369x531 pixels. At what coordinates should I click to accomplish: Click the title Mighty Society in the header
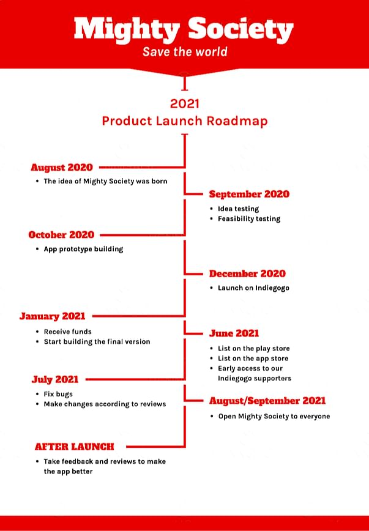coord(184,30)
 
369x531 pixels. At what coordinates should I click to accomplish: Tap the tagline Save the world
coord(185,52)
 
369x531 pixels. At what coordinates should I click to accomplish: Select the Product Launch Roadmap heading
coord(185,121)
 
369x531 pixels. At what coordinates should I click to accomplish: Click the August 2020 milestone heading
coord(62,167)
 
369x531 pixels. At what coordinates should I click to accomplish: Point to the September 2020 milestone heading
coord(249,194)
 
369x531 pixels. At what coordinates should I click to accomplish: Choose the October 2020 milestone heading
coord(61,235)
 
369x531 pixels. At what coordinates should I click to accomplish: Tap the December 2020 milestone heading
coord(247,273)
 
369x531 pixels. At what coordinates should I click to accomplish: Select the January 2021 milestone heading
coord(52,316)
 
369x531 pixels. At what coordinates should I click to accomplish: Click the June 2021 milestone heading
coord(234,333)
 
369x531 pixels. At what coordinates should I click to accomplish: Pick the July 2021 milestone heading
coord(55,380)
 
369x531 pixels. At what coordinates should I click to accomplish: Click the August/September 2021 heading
coord(267,401)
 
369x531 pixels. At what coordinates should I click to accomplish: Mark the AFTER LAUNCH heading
coord(75,447)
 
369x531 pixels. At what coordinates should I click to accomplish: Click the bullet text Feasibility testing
coord(249,219)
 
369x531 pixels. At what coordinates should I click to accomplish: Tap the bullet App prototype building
coord(83,249)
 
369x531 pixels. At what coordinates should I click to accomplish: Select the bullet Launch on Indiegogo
coord(253,288)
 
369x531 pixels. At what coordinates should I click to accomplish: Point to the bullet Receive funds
coord(68,332)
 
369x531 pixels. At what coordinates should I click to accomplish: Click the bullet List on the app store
coord(253,358)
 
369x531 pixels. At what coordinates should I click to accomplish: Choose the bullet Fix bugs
coord(58,394)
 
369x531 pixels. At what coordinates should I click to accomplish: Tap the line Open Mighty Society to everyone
coord(274,416)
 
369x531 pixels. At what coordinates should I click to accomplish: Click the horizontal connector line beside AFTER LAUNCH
coord(155,447)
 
